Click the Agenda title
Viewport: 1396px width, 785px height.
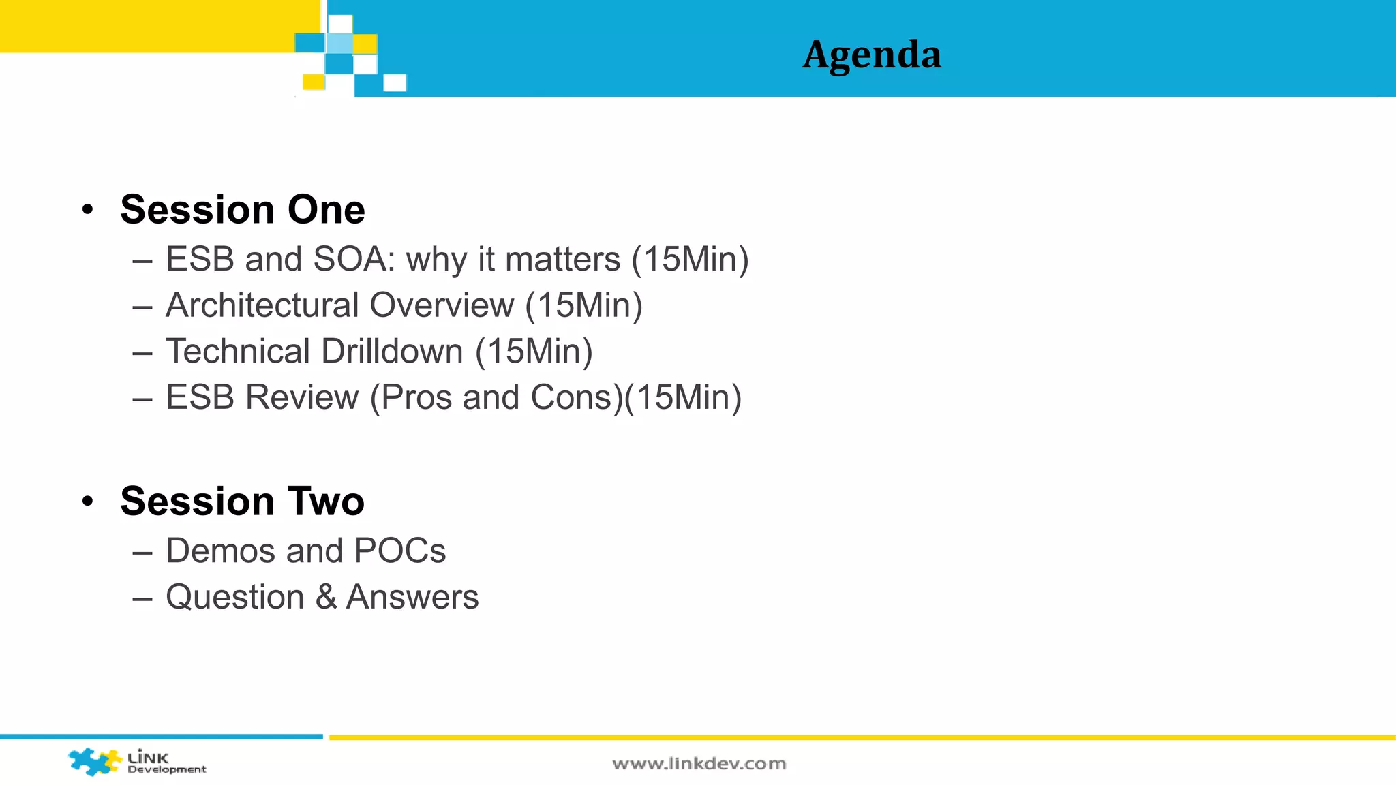coord(872,55)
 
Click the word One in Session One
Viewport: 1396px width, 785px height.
coord(326,209)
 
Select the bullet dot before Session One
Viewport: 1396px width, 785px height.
coord(87,210)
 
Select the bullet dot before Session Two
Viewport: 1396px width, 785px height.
coord(87,502)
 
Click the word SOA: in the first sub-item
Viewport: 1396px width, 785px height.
coord(354,260)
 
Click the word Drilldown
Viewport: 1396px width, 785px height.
coord(392,352)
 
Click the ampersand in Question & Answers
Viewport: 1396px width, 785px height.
coord(326,597)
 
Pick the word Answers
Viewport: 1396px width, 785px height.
coord(412,597)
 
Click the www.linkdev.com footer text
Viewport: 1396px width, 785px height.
coord(699,764)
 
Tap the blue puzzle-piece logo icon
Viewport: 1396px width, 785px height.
coord(94,761)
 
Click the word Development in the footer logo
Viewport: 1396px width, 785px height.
coord(167,769)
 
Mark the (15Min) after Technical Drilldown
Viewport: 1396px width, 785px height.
coord(534,352)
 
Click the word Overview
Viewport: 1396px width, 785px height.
coord(442,305)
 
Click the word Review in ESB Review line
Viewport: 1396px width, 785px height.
coord(301,397)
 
